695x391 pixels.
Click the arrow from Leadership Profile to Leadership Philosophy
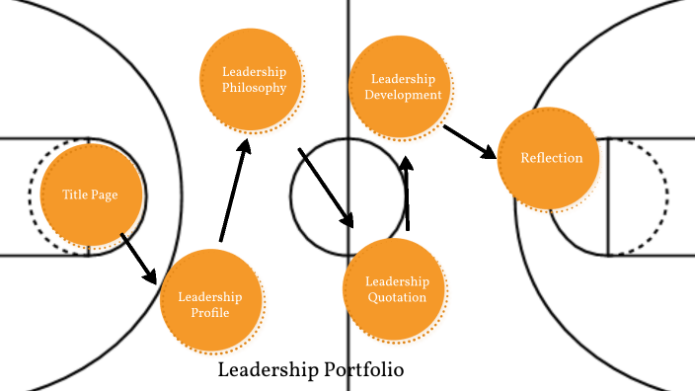233,193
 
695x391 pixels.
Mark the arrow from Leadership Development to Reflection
470,141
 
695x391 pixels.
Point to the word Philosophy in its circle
254,87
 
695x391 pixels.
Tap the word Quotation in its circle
397,297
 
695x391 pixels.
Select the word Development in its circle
402,95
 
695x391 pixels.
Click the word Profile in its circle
210,313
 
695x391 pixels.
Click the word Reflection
552,158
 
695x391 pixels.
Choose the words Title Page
90,195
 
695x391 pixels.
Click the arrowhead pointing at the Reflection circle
490,152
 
